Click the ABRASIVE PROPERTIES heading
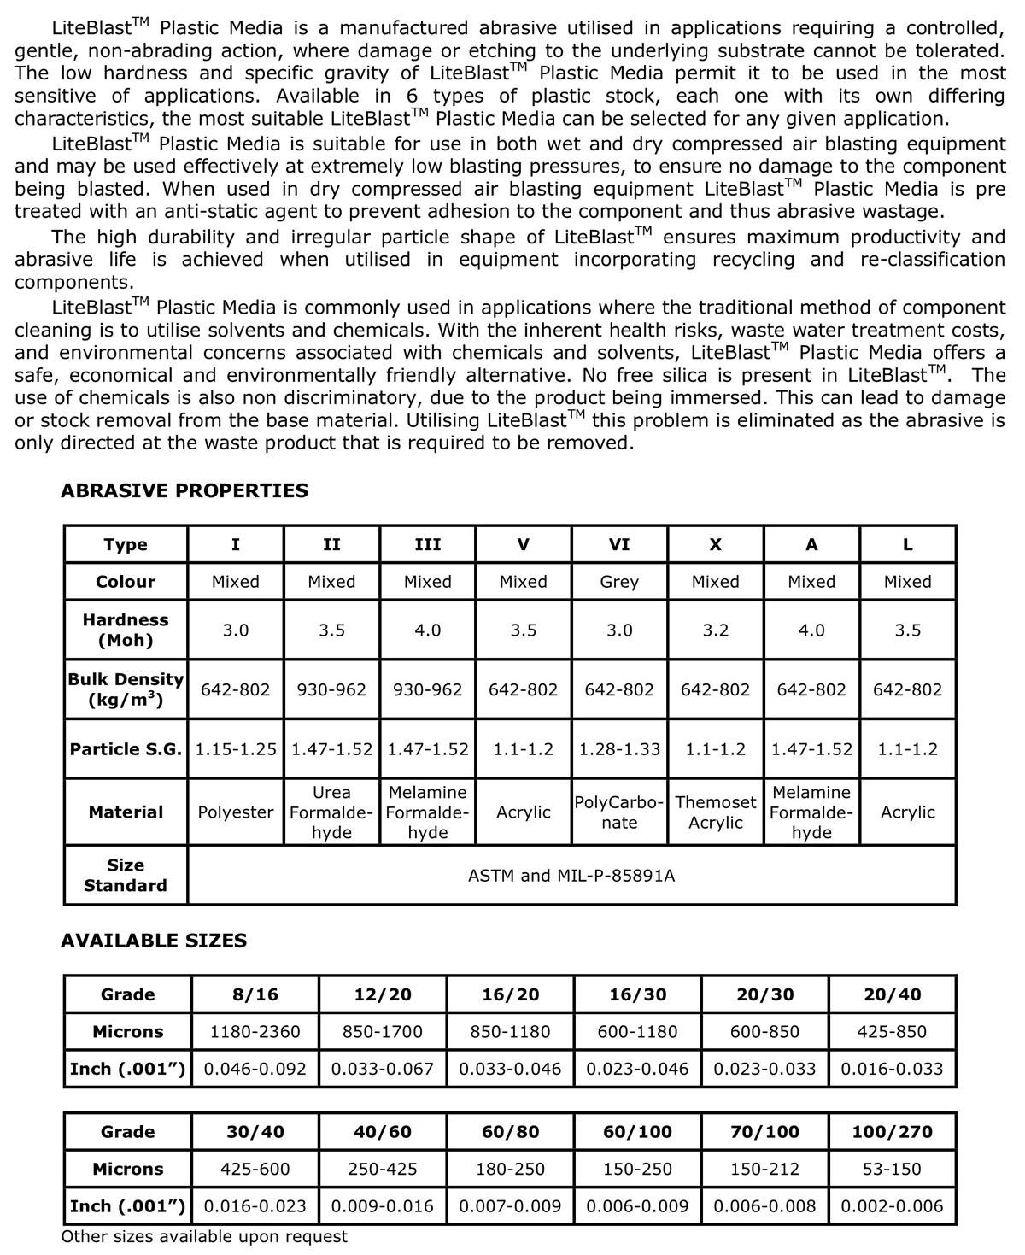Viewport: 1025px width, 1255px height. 184,490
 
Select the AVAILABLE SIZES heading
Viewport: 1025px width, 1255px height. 154,941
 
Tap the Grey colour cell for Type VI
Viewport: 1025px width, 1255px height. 619,582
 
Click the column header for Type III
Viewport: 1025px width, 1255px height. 427,544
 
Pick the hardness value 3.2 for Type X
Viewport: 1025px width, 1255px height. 715,630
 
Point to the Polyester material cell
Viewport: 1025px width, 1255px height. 236,812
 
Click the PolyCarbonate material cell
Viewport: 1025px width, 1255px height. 619,812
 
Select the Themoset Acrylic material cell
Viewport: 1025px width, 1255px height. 715,812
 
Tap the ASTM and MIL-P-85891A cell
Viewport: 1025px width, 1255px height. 571,876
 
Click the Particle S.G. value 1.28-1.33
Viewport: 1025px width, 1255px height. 619,749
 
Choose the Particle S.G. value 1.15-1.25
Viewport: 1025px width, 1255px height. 236,749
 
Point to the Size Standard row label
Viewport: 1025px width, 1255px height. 126,876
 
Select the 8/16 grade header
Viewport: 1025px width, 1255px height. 255,994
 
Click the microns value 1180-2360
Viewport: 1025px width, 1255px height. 255,1032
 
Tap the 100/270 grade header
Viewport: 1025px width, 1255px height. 892,1132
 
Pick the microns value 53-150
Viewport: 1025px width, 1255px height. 892,1169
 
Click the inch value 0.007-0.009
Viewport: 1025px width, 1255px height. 510,1206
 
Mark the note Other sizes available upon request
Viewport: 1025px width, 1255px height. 204,1236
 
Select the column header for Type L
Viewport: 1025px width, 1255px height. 907,544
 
